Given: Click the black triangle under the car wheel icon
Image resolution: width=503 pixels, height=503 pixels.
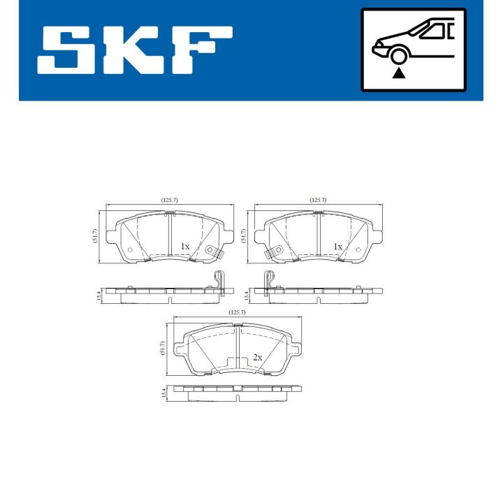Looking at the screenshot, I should (399, 72).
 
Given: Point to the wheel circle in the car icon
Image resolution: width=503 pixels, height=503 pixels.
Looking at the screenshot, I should (399, 55).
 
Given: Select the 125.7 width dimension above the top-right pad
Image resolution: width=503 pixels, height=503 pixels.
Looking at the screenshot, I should (318, 201).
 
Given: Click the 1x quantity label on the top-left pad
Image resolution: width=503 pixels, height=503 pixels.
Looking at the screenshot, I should (184, 247).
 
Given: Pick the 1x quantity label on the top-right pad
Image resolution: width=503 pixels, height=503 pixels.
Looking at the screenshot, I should (337, 247).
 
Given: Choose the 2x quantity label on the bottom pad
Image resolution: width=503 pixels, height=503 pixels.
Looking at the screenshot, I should (257, 358).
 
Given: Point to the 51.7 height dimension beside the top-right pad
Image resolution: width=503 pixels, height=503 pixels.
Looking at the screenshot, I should (245, 235).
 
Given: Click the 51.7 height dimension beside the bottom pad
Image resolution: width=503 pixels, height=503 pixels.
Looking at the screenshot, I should (163, 347).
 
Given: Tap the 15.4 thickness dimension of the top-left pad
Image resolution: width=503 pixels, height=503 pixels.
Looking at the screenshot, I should (95, 295).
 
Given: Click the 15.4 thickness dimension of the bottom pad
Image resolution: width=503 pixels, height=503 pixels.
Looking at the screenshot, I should (165, 394).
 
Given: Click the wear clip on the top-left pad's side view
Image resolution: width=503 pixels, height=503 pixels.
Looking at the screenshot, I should (218, 279).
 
